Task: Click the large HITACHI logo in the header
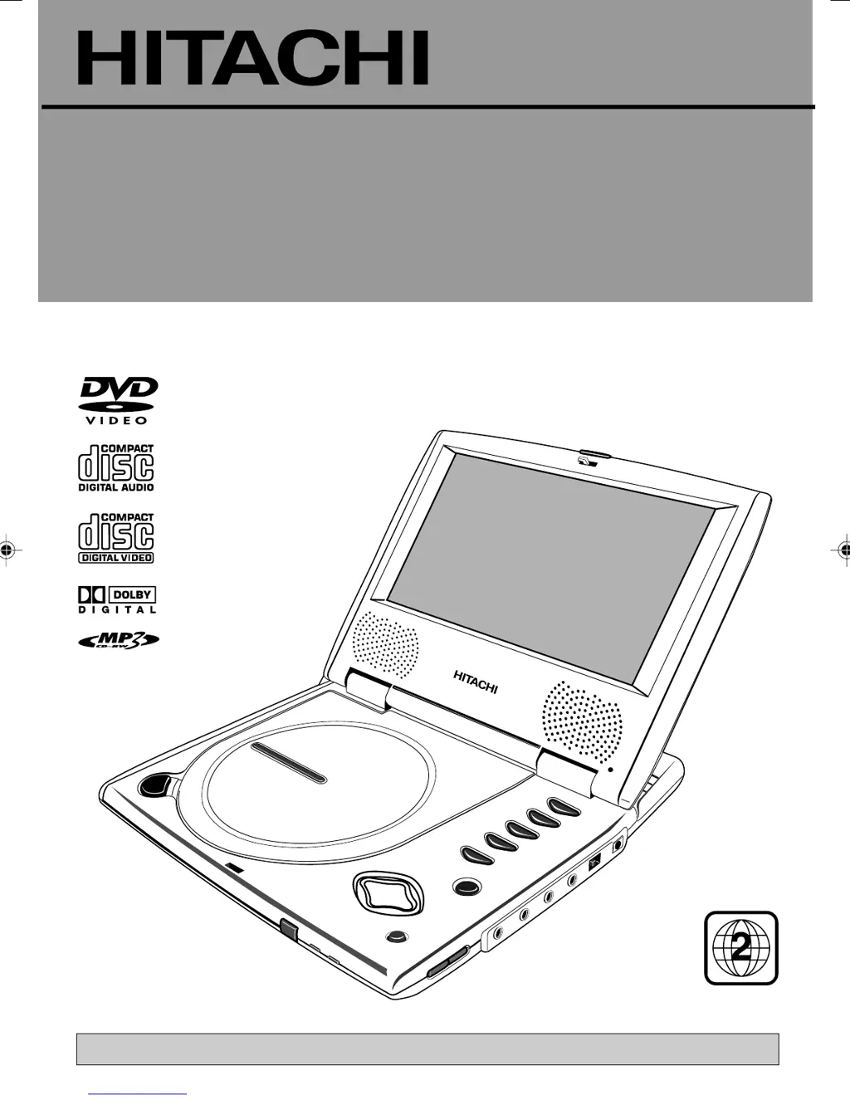[x=253, y=58]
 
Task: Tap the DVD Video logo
[x=117, y=400]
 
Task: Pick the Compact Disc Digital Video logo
[x=116, y=538]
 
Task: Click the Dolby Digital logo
[x=117, y=599]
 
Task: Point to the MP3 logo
[x=118, y=640]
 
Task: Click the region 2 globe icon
[x=741, y=948]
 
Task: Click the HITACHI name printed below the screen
[x=476, y=682]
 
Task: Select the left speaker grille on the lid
[x=385, y=645]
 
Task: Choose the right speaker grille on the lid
[x=582, y=721]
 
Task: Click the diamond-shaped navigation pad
[x=388, y=892]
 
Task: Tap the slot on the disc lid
[x=289, y=763]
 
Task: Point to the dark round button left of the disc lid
[x=154, y=785]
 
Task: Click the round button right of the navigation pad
[x=466, y=887]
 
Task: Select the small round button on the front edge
[x=397, y=936]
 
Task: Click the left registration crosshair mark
[x=7, y=550]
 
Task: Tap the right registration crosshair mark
[x=843, y=550]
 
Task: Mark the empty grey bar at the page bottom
[x=427, y=1049]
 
